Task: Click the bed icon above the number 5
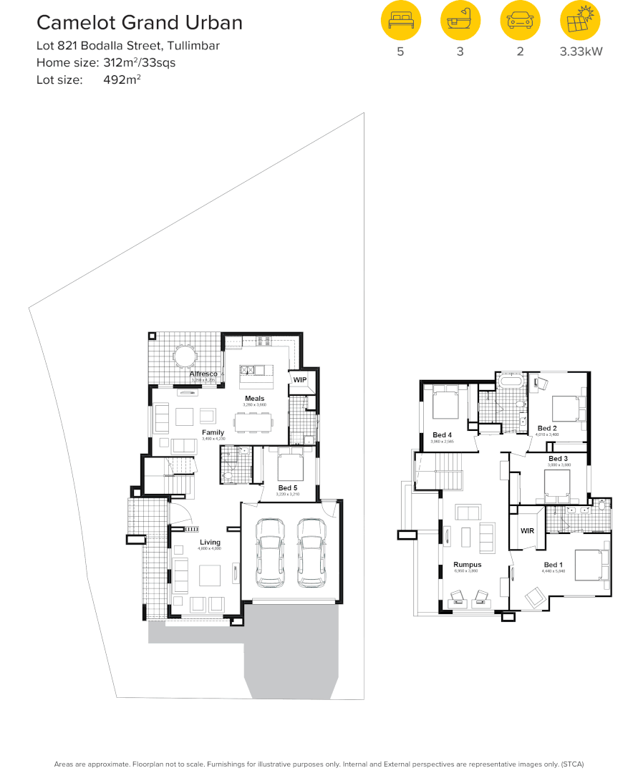(x=400, y=19)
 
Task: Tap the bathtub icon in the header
(x=460, y=19)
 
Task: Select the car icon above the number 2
(x=520, y=19)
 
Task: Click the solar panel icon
(x=580, y=19)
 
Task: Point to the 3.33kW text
(x=580, y=52)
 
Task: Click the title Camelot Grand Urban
(x=140, y=22)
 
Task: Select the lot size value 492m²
(x=122, y=79)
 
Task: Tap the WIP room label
(x=299, y=379)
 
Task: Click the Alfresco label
(x=203, y=374)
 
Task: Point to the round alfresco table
(x=184, y=356)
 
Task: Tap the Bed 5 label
(x=288, y=488)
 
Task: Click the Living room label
(x=210, y=543)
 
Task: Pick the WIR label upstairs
(x=527, y=531)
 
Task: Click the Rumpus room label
(x=467, y=565)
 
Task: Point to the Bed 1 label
(x=553, y=565)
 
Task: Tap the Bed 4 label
(x=442, y=435)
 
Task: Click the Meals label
(x=254, y=399)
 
